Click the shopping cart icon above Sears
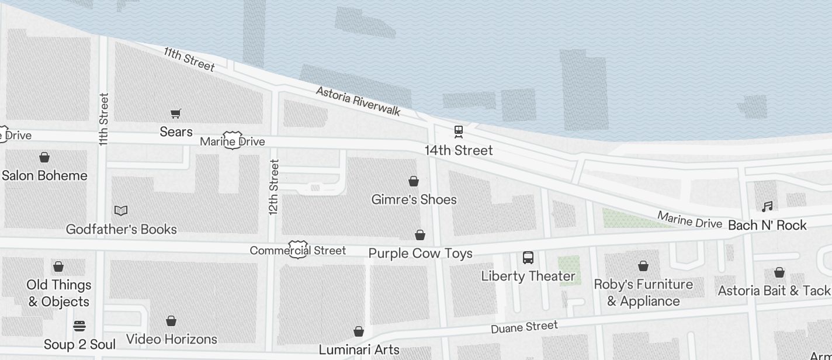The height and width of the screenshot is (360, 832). point(175,113)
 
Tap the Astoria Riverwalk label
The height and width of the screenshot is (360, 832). point(358,101)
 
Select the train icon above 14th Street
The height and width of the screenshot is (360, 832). point(459,131)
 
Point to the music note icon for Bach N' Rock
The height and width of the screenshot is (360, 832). point(767,206)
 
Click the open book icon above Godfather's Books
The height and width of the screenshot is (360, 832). point(121,210)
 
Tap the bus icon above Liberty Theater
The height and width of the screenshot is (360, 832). point(528,258)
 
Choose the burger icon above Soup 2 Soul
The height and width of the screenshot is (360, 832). point(79,326)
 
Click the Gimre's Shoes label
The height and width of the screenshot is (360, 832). point(414,200)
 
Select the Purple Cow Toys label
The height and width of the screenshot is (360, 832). point(420,254)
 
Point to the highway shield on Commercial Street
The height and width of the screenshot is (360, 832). point(298,250)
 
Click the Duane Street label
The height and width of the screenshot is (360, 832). point(524,327)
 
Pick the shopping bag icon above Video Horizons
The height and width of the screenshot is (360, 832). point(171,321)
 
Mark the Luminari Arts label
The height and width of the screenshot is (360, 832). point(359,350)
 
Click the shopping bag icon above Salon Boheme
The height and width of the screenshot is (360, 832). point(44,157)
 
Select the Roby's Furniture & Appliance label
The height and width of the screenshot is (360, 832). point(643,293)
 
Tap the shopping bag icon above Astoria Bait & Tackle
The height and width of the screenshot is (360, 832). point(779,272)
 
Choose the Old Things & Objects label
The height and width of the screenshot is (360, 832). point(59,293)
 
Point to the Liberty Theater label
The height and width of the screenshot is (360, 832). point(528,276)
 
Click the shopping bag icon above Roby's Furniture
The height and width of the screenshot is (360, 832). point(643,266)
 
